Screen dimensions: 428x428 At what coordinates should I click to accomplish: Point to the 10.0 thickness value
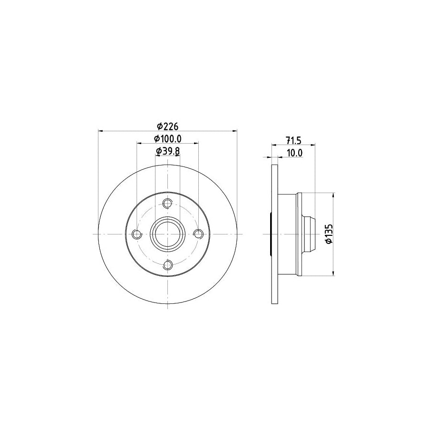tap(294, 153)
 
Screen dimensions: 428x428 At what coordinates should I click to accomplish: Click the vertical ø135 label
tap(328, 233)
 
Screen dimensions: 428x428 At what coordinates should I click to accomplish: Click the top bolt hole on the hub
tap(167, 204)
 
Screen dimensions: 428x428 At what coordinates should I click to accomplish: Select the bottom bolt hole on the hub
tap(167, 265)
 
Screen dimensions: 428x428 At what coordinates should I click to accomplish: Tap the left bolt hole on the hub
tap(137, 234)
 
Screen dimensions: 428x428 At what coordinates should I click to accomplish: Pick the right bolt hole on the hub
tap(198, 234)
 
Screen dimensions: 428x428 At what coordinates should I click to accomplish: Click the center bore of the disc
tap(167, 234)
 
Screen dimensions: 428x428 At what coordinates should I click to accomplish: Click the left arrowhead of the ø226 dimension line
tap(100, 130)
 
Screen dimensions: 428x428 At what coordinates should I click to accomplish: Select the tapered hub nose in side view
tap(309, 234)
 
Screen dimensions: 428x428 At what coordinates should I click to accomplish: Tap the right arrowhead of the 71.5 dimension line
tap(314, 144)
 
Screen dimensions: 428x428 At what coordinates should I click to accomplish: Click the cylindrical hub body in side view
tap(287, 234)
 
